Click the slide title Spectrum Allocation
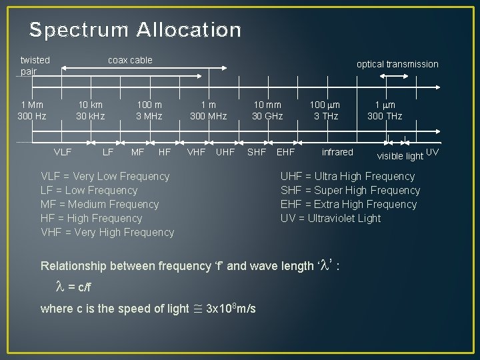click(x=135, y=30)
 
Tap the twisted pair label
click(x=35, y=65)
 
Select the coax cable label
click(x=130, y=60)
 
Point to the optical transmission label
click(x=397, y=64)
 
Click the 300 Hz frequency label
click(x=32, y=116)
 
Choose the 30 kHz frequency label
click(x=90, y=116)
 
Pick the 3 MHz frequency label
click(x=149, y=116)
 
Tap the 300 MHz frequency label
click(x=209, y=116)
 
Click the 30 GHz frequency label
click(x=267, y=116)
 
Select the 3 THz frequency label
click(x=325, y=116)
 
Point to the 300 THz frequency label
click(x=385, y=116)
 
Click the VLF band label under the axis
click(x=63, y=153)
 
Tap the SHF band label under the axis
click(x=257, y=153)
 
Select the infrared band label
click(x=337, y=152)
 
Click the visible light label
click(x=400, y=157)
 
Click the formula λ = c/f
click(x=73, y=287)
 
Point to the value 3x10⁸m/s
click(x=230, y=308)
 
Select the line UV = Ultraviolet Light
click(x=331, y=218)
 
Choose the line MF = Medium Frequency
click(x=100, y=204)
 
